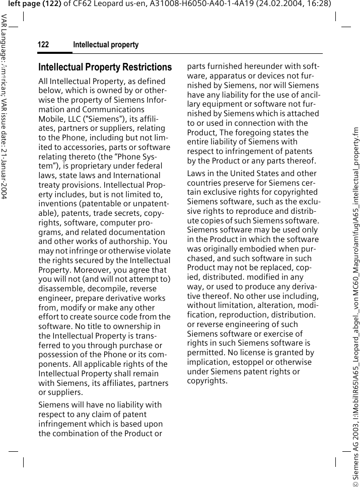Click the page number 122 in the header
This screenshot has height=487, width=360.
(x=43, y=45)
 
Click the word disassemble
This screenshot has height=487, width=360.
(x=60, y=289)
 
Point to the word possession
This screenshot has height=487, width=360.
(x=59, y=355)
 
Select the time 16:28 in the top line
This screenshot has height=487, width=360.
(x=304, y=4)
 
